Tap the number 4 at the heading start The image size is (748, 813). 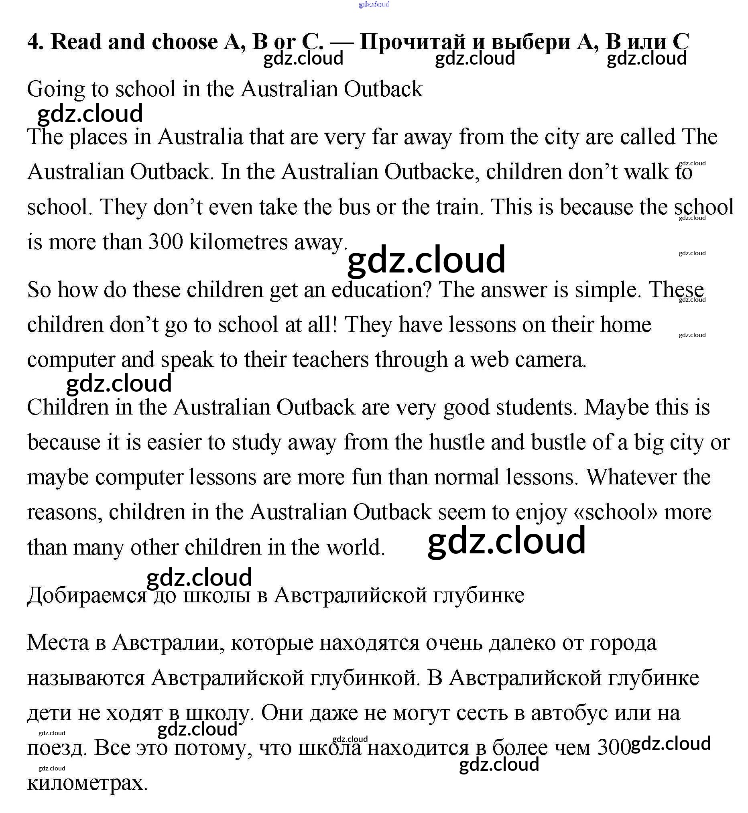coord(35,42)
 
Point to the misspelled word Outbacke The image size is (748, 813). coord(429,172)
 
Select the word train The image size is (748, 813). coord(459,207)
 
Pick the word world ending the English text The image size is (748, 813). coord(356,547)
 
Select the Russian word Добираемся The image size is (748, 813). coord(87,596)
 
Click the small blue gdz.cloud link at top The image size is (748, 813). coord(374,4)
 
